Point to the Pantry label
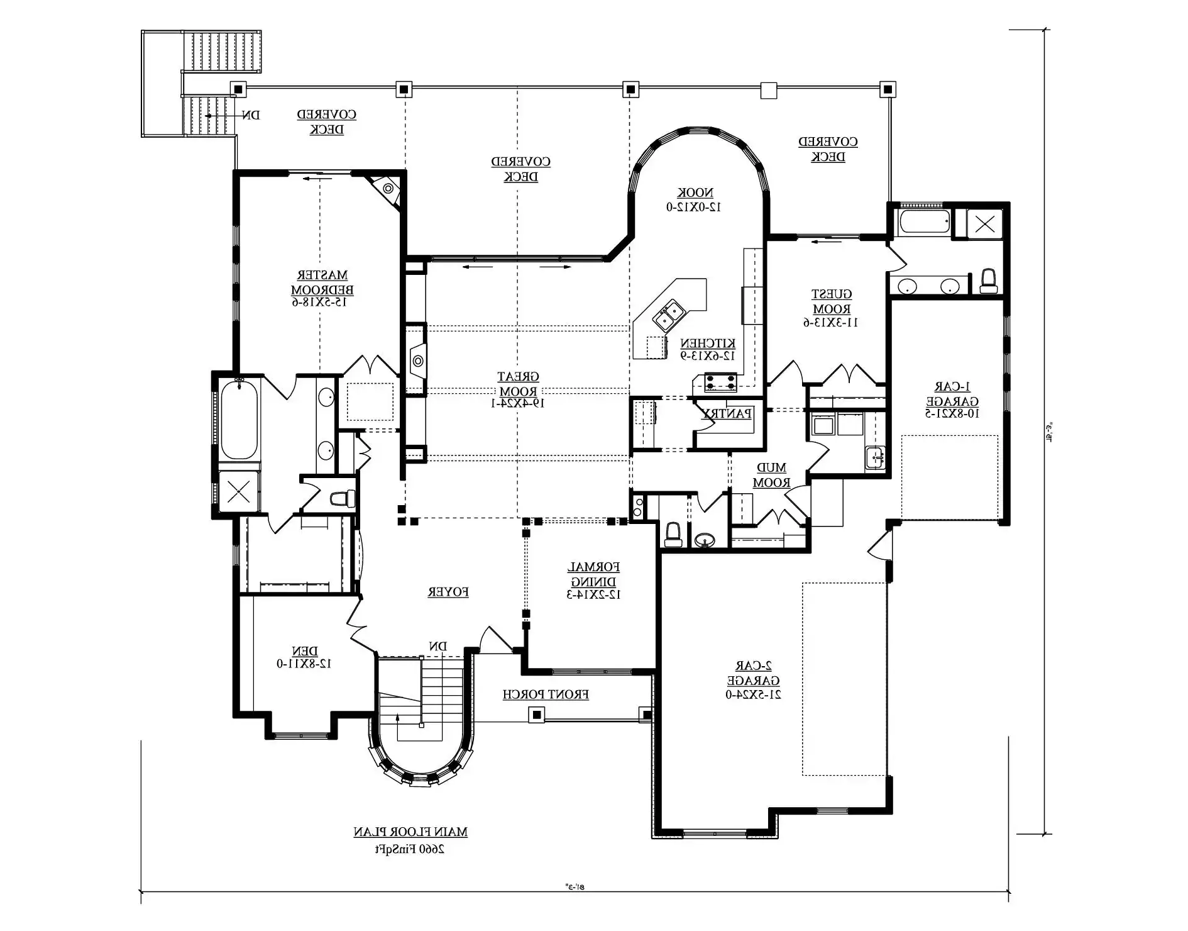pos(727,414)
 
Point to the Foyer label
pos(448,592)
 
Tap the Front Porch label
pos(546,694)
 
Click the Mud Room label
pos(771,476)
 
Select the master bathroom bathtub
pos(239,420)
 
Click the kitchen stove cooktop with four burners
pos(720,382)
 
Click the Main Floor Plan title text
pos(410,832)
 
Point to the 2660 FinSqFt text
pos(410,849)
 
